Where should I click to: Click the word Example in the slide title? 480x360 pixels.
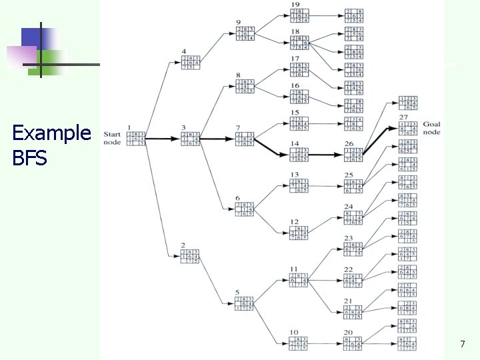point(51,133)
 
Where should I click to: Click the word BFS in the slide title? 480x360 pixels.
point(29,159)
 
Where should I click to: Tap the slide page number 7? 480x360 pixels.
point(462,344)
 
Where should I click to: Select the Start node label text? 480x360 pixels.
point(112,137)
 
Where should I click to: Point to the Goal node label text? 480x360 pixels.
point(431,128)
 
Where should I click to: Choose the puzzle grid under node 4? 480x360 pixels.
point(191,62)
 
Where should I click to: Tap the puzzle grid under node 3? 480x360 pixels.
point(191,139)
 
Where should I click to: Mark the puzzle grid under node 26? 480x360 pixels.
point(353,155)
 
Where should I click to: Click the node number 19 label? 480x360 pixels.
point(295,5)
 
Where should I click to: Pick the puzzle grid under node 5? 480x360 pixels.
point(246,303)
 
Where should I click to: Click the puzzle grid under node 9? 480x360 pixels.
point(245,34)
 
